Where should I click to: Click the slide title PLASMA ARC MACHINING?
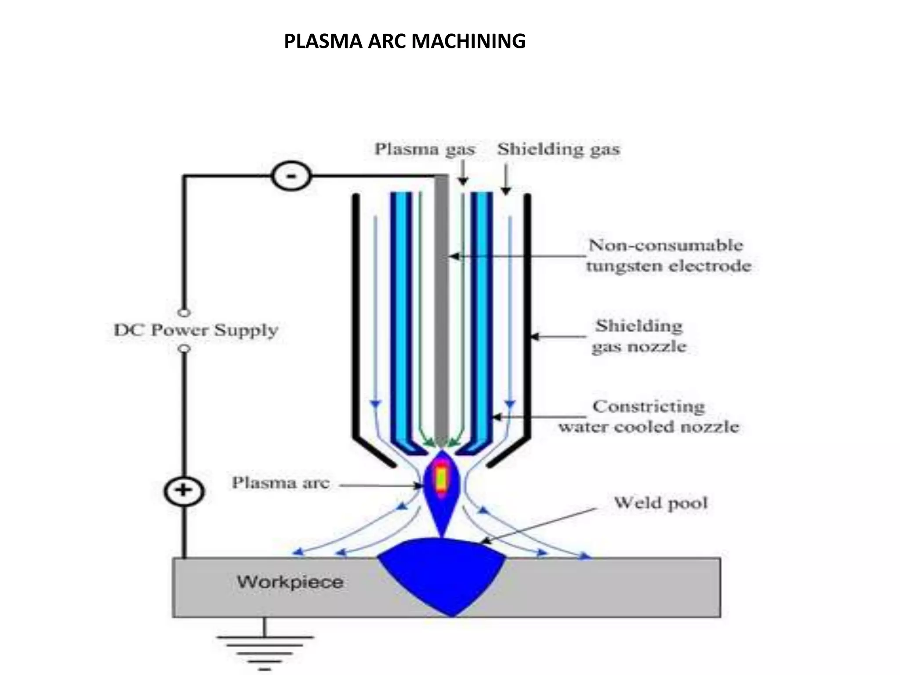tap(404, 42)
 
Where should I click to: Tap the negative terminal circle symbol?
tap(291, 176)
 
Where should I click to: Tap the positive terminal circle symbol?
tap(184, 491)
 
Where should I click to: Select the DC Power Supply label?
tap(196, 330)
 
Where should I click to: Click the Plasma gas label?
tap(425, 149)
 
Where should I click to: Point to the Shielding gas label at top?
tap(558, 149)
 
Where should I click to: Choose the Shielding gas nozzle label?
tap(639, 337)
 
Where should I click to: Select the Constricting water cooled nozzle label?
tap(649, 417)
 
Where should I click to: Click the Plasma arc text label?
tap(280, 483)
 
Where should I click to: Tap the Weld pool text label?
tap(660, 502)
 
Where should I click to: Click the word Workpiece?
tap(290, 582)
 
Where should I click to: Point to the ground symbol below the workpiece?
tap(265, 650)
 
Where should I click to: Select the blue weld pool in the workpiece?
tap(442, 571)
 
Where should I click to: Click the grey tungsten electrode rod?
tap(441, 308)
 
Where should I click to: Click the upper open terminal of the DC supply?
tap(185, 313)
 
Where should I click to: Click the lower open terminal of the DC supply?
tap(185, 348)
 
